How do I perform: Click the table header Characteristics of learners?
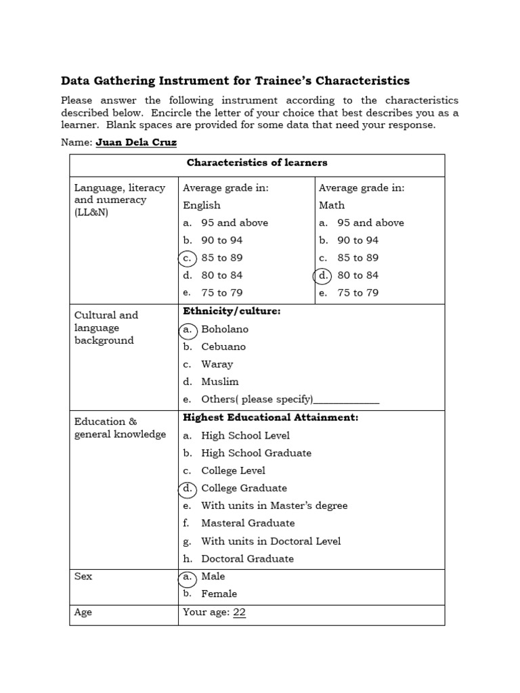[257, 162]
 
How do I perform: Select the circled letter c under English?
[188, 258]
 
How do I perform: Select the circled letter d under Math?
[323, 275]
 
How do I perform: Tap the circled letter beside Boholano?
[188, 330]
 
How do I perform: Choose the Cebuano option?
[223, 346]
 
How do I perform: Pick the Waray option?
[217, 364]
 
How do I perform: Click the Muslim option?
[219, 382]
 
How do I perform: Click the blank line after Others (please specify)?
[347, 401]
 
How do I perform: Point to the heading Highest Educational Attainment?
[270, 418]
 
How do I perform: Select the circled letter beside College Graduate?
[188, 488]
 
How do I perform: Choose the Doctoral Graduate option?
[247, 558]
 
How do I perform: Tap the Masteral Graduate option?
[248, 523]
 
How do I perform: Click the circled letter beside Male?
[188, 577]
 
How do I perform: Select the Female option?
[219, 594]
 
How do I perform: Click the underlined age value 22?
[239, 612]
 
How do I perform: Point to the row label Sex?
[83, 577]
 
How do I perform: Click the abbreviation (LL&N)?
[91, 213]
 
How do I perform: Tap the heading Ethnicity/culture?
[232, 311]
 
